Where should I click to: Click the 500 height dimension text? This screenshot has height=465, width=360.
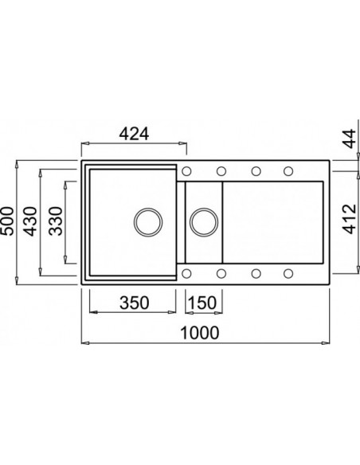pyautogui.click(x=10, y=219)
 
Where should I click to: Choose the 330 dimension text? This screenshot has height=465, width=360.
pyautogui.click(x=56, y=219)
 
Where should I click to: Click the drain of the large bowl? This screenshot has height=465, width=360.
pyautogui.click(x=147, y=221)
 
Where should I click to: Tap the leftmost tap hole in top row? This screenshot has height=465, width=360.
pyautogui.click(x=187, y=170)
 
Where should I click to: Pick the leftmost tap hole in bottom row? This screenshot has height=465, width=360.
pyautogui.click(x=187, y=273)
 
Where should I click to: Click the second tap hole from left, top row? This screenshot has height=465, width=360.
pyautogui.click(x=221, y=170)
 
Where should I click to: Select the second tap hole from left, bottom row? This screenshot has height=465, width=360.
pyautogui.click(x=221, y=273)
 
